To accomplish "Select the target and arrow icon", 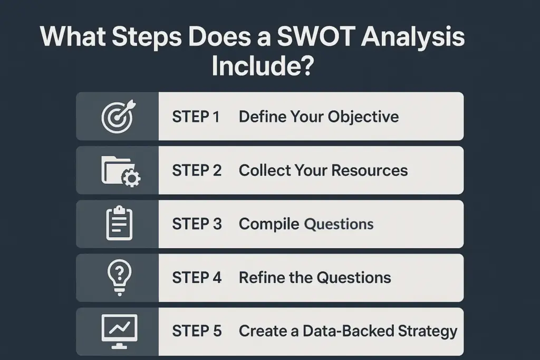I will point(117,116).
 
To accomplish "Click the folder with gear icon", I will point(120,171).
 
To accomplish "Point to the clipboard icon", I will point(119,223).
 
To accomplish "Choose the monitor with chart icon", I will point(119,330).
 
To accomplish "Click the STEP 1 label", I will point(196,116).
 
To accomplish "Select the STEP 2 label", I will point(197,170).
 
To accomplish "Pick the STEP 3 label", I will point(197,223).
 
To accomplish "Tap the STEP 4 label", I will point(197,277).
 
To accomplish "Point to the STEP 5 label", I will point(197,331).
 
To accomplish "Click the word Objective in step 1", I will point(363,116).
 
